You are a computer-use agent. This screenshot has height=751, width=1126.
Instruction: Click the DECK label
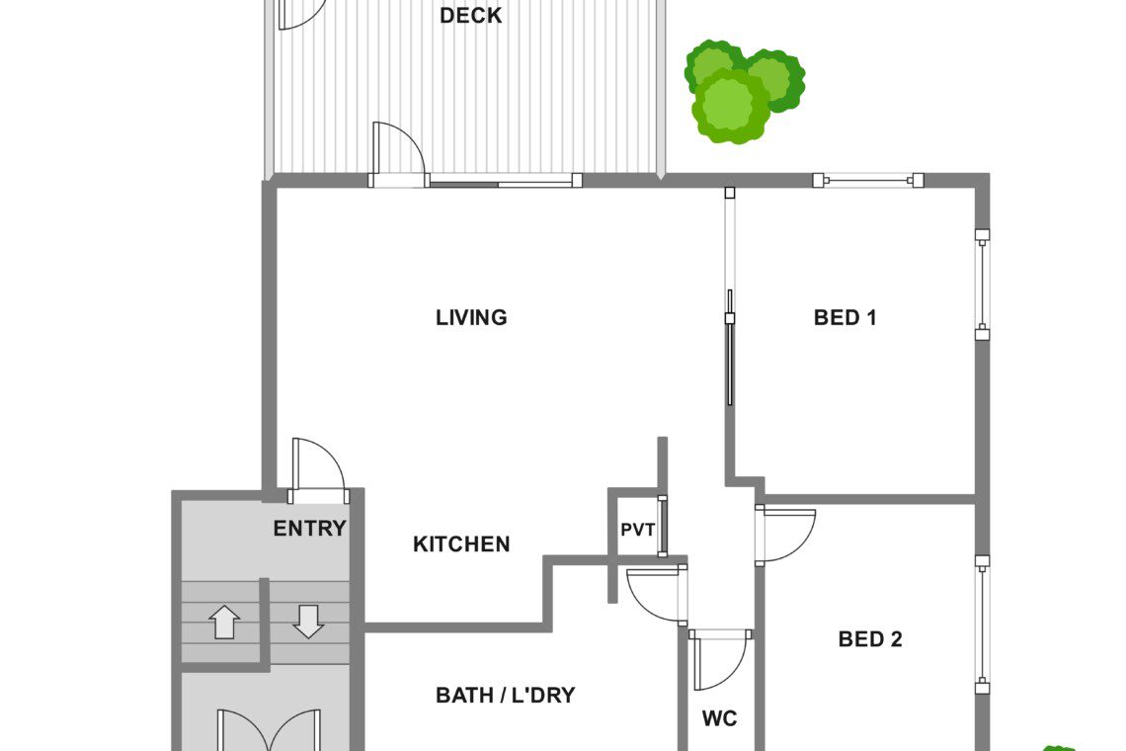[x=470, y=15]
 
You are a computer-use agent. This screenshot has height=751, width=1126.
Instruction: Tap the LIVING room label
[x=471, y=317]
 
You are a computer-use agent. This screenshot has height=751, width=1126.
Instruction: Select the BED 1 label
[x=844, y=317]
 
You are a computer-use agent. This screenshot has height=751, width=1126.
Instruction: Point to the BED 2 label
[x=869, y=639]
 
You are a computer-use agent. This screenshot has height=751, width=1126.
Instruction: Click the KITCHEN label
[x=461, y=544]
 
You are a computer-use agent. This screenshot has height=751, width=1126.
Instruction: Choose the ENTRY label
[x=309, y=529]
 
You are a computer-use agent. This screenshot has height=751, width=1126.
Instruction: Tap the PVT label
[x=637, y=530]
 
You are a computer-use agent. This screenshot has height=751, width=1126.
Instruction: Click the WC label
[x=719, y=718]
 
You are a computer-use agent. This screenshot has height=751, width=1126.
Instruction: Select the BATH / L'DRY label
[x=505, y=695]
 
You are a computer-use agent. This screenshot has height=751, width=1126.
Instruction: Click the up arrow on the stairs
[x=225, y=622]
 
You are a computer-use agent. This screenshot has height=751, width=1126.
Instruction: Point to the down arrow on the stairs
[x=309, y=622]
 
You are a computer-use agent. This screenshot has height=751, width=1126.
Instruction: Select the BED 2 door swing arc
[x=802, y=544]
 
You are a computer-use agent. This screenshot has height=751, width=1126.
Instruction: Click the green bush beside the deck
[x=743, y=91]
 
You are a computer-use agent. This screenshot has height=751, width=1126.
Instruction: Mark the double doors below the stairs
[x=270, y=731]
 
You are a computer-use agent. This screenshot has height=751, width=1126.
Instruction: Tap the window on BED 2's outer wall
[x=982, y=624]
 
